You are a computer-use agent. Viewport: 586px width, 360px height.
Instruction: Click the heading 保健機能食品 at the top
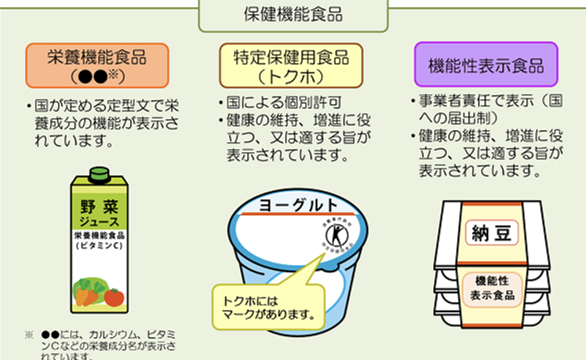pyautogui.click(x=293, y=15)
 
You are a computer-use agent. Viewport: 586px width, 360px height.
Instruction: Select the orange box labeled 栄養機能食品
pyautogui.click(x=97, y=65)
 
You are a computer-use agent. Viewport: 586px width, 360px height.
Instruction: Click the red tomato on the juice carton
pyautogui.click(x=114, y=296)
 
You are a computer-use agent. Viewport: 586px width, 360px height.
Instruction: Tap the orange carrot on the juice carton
pyautogui.click(x=82, y=296)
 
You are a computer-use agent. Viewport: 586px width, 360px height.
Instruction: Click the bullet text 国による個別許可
pyautogui.click(x=267, y=103)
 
